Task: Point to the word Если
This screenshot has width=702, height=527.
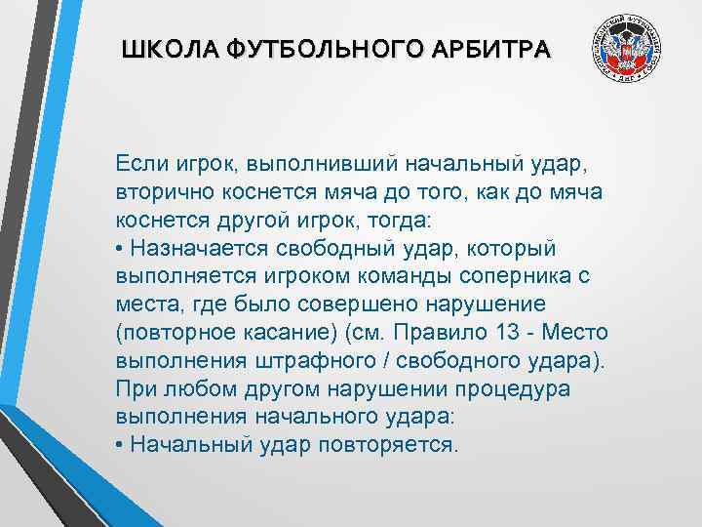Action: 141,160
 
